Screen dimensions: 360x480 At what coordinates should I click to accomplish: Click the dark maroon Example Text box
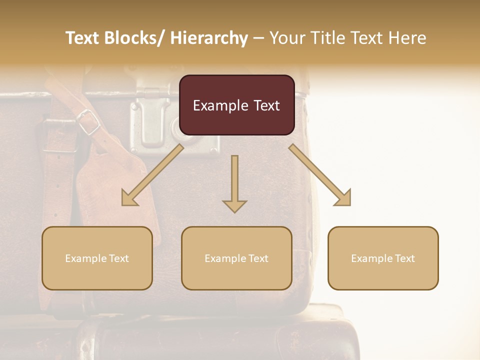click(236, 105)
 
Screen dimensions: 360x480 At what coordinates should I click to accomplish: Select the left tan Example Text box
click(97, 258)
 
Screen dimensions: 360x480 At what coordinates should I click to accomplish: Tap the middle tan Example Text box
click(236, 258)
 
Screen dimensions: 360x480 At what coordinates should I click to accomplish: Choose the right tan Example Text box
click(383, 258)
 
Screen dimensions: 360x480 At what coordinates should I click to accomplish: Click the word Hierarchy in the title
click(209, 38)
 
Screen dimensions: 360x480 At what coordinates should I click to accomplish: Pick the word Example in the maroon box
click(217, 105)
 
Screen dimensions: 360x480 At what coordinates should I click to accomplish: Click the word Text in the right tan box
click(404, 258)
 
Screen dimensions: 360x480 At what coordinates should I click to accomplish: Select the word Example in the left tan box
click(83, 258)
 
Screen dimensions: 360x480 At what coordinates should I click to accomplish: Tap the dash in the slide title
click(258, 38)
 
